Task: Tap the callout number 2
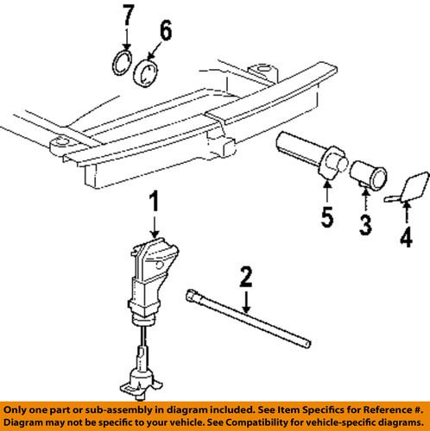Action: point(245,278)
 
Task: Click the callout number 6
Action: point(165,34)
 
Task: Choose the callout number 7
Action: point(127,16)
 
